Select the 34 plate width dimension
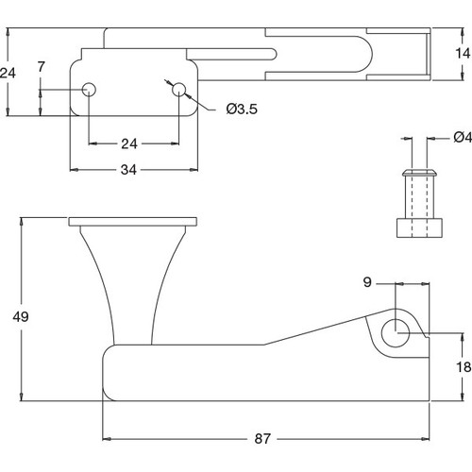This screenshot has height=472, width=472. [132, 170]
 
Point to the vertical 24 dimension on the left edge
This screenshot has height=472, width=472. [8, 73]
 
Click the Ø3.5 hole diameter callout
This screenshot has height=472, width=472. [242, 110]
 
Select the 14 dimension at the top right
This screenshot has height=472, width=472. [462, 53]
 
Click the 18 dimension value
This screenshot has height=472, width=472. [462, 369]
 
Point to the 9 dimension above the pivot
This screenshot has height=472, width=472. [369, 280]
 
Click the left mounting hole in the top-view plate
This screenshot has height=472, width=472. [89, 90]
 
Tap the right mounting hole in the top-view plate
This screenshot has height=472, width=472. [178, 90]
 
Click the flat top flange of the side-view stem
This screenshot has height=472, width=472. [133, 222]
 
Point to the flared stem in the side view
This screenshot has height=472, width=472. [132, 283]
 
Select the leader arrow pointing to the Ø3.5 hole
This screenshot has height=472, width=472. [191, 97]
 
